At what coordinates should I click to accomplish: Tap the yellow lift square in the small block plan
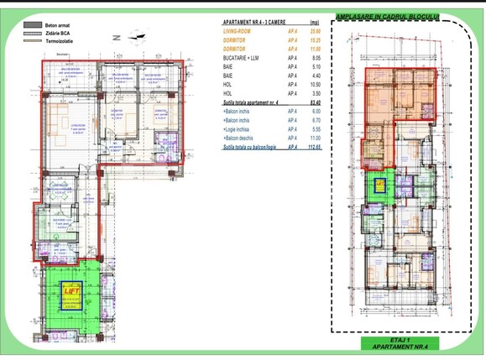coord(379,182)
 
